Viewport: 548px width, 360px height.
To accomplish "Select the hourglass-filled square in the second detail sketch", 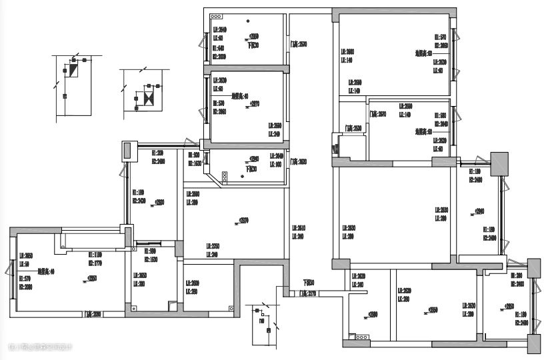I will click(148, 99).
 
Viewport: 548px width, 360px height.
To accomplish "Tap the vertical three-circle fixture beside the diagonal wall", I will click(225, 175).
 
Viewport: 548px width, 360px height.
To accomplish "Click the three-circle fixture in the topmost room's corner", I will click(216, 15).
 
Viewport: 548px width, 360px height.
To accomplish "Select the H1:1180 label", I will click(96, 254).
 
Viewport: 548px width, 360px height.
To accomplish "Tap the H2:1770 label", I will click(96, 262).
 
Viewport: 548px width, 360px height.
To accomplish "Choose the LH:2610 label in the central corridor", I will click(298, 227).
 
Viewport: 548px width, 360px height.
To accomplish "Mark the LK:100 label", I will click(275, 163).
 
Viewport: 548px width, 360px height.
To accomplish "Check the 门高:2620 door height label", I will click(298, 161).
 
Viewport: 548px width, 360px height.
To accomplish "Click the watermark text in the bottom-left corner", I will click(40, 346).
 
